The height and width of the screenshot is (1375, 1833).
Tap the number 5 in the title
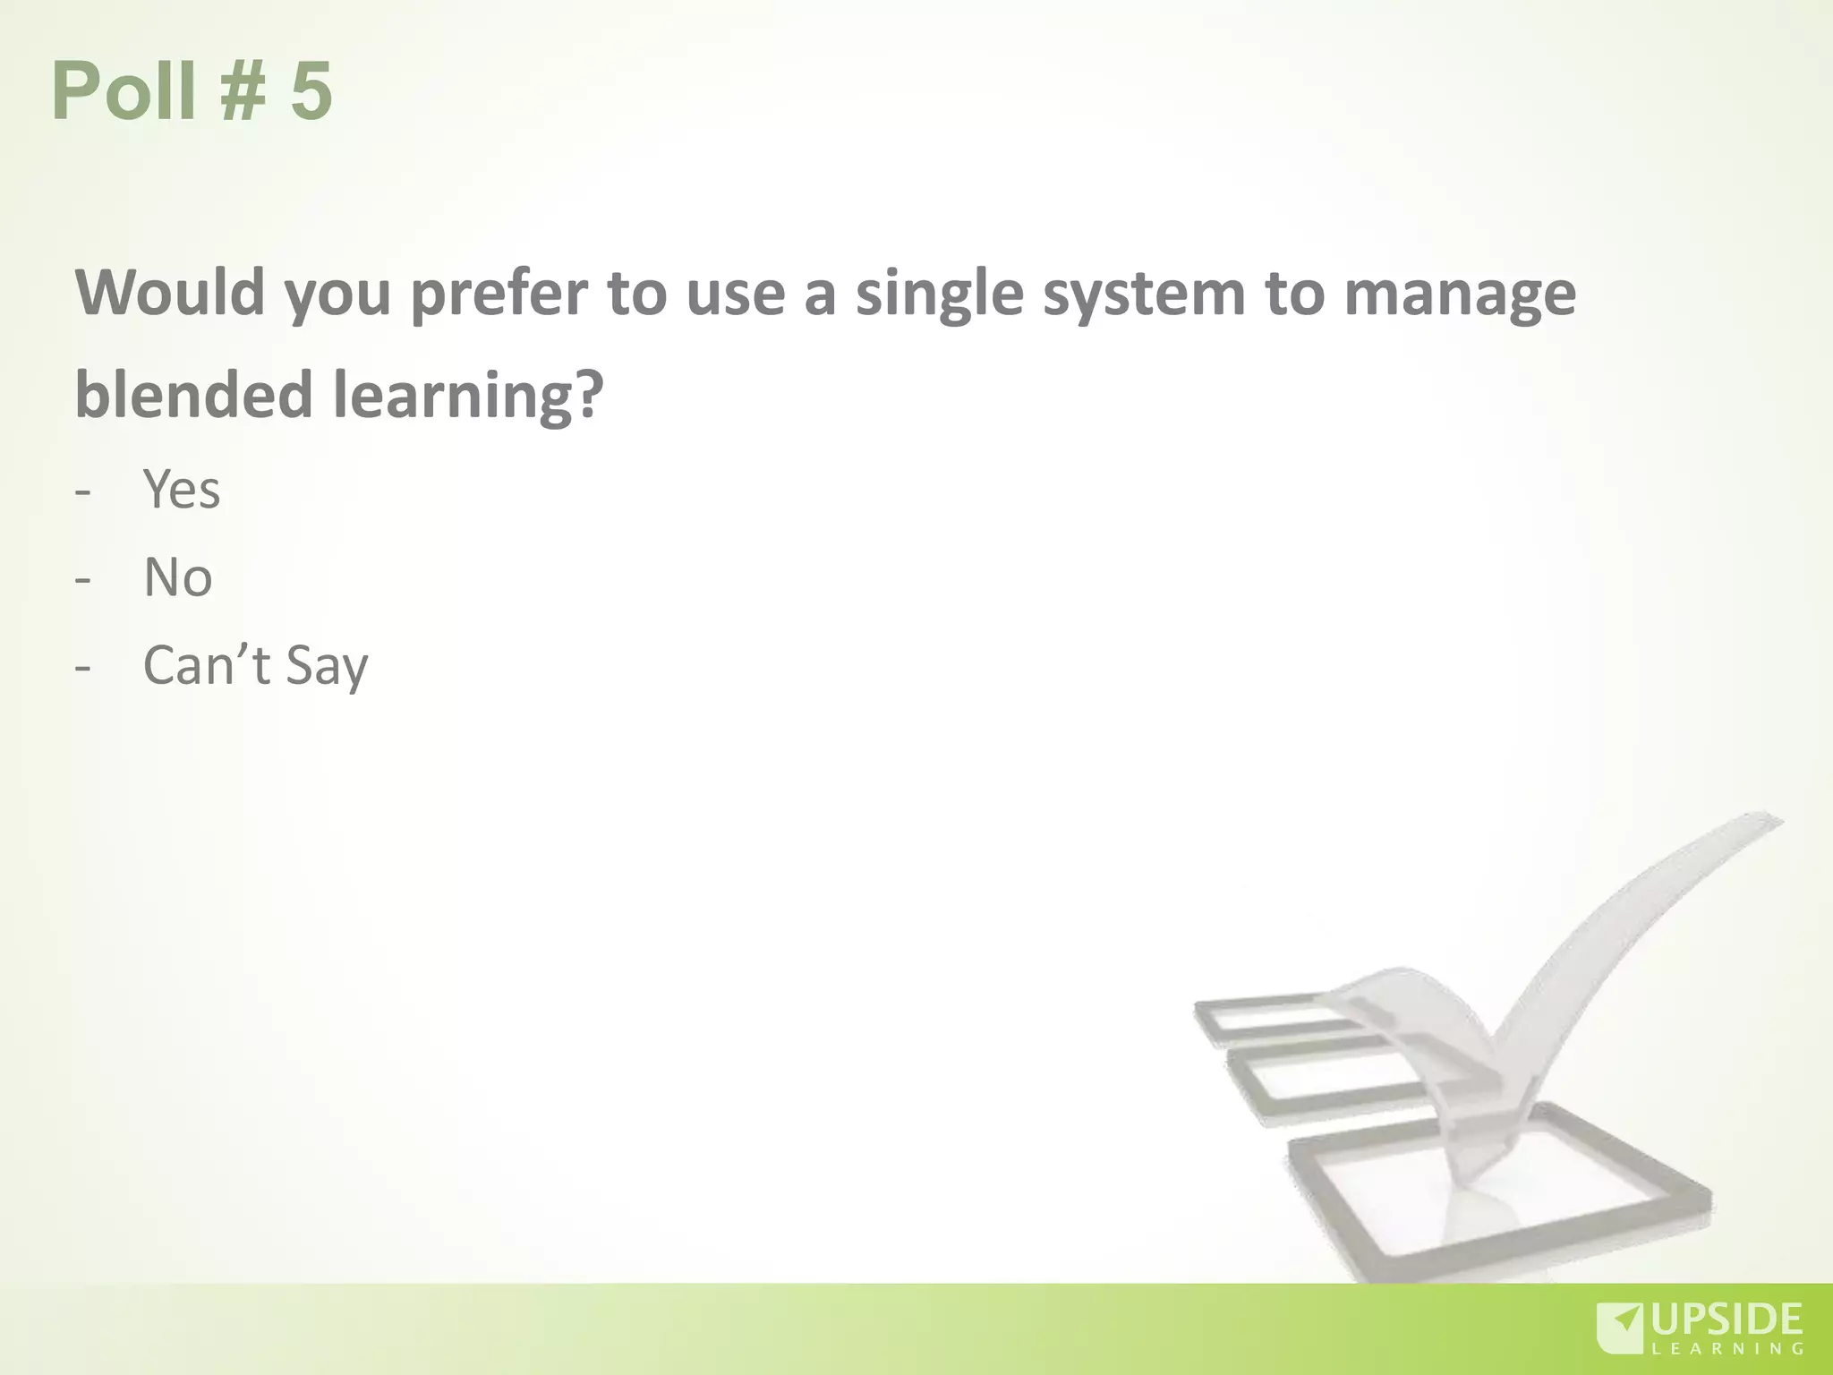click(311, 90)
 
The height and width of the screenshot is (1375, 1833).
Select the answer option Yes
click(182, 490)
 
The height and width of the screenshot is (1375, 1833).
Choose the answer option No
click(178, 577)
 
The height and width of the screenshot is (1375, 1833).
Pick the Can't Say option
click(255, 665)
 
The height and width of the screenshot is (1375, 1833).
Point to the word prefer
click(499, 294)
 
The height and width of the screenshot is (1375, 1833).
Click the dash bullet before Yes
click(83, 491)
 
